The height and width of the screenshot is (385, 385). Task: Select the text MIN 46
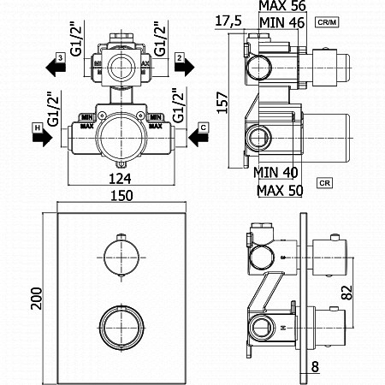pos(283,23)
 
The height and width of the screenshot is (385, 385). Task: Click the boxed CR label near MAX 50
pos(324,182)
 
